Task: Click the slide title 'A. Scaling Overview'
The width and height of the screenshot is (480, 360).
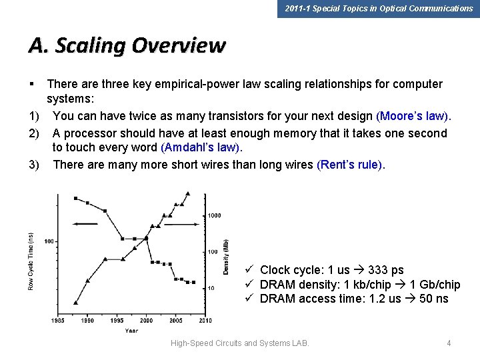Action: tap(127, 46)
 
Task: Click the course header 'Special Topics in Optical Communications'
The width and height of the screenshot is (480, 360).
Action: tap(378, 9)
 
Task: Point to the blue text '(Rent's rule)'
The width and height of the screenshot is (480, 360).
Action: tap(351, 164)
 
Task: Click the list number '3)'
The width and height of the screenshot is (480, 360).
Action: tap(34, 164)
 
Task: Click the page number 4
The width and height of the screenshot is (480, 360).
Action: tap(449, 343)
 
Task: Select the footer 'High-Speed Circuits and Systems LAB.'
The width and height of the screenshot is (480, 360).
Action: tap(240, 343)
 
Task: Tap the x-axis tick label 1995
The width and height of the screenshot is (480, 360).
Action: tap(116, 321)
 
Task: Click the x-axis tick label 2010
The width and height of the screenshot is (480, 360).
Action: tap(205, 321)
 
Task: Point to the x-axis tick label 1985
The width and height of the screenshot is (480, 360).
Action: tap(57, 321)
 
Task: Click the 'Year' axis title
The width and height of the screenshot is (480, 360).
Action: tap(132, 331)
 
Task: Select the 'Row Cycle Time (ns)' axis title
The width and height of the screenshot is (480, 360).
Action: tap(31, 261)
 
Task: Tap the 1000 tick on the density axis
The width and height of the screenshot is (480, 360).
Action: tap(214, 215)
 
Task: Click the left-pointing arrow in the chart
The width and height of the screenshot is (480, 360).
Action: tap(85, 224)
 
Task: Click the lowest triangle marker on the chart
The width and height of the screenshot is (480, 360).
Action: tap(75, 303)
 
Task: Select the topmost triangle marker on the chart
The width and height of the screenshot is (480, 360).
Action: tap(188, 194)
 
